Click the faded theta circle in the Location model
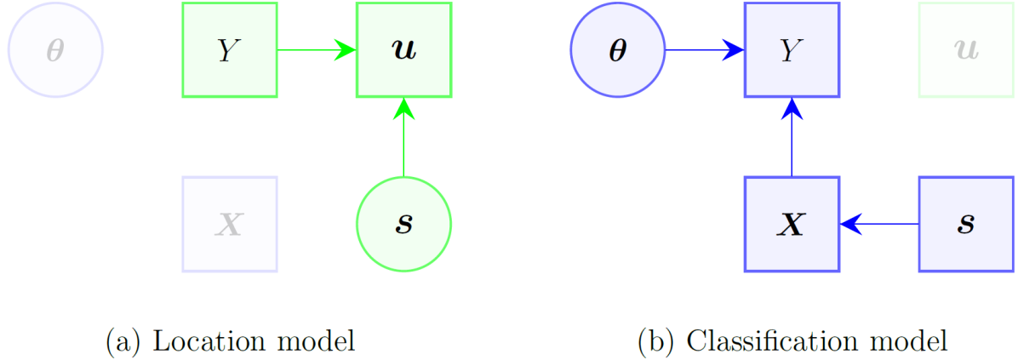point(55,50)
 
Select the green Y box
point(229,50)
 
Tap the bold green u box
point(403,50)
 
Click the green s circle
point(403,225)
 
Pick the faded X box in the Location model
point(229,225)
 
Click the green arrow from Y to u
point(316,50)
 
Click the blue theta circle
point(618,50)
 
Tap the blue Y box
point(792,50)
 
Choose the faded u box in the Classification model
point(966,50)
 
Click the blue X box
point(792,225)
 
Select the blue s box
point(966,225)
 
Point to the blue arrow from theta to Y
point(704,50)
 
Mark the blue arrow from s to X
point(878,225)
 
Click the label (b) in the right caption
point(655,342)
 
